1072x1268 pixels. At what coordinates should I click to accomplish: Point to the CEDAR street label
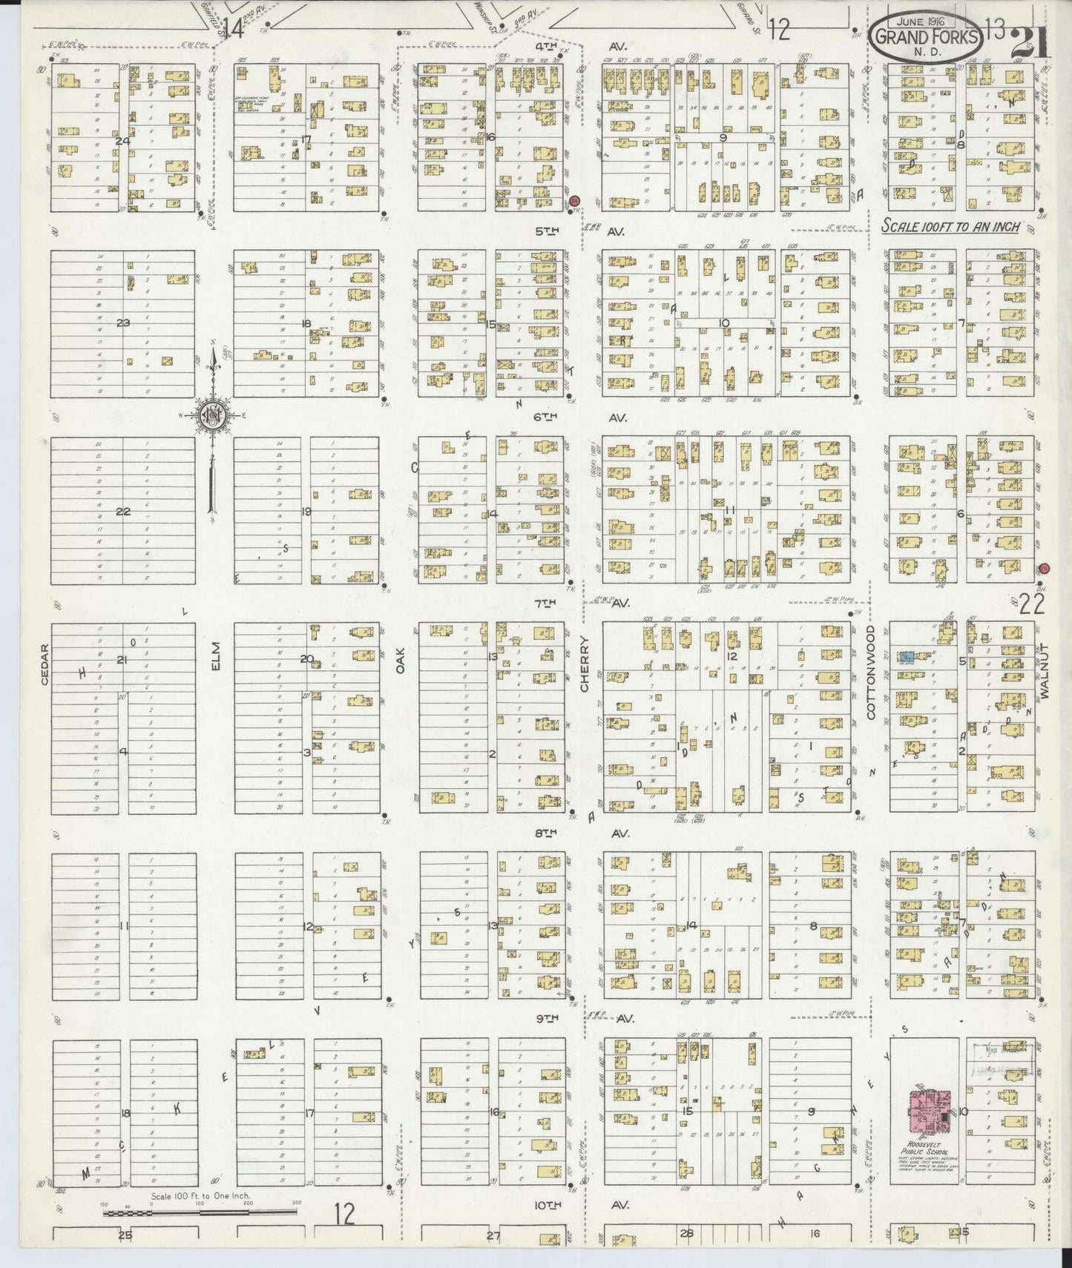(46, 666)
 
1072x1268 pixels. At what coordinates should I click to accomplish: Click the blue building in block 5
(907, 657)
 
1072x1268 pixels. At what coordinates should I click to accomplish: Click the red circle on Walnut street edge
(1044, 569)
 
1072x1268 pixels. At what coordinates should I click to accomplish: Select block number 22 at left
(123, 511)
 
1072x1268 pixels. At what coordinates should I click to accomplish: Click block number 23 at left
(123, 323)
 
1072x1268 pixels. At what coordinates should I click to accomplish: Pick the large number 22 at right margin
(1031, 604)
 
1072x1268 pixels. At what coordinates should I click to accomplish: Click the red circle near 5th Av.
(575, 200)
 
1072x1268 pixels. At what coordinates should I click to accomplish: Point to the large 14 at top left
(235, 28)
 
